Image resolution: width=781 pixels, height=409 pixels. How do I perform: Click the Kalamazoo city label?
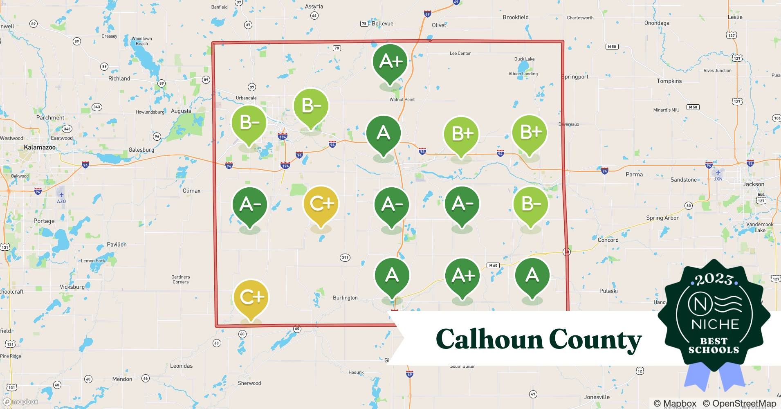40,147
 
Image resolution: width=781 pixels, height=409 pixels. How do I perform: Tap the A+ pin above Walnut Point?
390,62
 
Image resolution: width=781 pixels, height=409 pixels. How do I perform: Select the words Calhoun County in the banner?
539,339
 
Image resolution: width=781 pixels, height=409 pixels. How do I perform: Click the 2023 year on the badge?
714,279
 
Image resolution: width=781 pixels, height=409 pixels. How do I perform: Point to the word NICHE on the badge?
715,324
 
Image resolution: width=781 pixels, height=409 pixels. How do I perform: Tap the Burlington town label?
345,298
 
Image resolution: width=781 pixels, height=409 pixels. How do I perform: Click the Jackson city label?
753,184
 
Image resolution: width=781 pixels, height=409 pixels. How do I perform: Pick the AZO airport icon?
61,195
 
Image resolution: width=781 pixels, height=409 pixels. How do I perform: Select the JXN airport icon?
718,173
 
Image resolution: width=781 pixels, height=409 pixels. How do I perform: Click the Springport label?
575,77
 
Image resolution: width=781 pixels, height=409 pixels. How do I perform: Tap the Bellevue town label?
382,24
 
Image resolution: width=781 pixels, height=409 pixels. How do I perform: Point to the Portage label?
44,221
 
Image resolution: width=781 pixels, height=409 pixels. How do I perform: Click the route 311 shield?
345,258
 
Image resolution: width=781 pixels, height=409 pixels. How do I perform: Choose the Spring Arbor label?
662,218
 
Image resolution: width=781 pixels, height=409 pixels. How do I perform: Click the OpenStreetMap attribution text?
739,403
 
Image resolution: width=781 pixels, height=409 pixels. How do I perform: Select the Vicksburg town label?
72,287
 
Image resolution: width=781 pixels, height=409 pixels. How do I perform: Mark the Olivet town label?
439,25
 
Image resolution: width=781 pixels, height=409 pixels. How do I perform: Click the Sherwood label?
249,383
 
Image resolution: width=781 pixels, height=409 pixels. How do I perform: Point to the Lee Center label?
460,53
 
